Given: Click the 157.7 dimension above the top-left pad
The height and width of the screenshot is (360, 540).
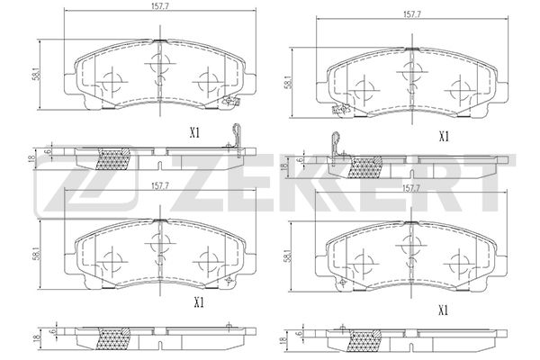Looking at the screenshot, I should tap(159, 13).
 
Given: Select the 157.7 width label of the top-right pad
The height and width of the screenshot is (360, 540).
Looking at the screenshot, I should tap(413, 14).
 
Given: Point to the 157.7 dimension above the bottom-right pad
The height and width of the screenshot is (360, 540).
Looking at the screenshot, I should tap(413, 188).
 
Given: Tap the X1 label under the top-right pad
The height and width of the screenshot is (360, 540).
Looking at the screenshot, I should tap(443, 137).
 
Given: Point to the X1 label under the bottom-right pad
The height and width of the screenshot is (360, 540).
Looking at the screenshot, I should tap(443, 310).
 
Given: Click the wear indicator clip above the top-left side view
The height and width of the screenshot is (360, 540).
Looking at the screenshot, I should tap(238, 135).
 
